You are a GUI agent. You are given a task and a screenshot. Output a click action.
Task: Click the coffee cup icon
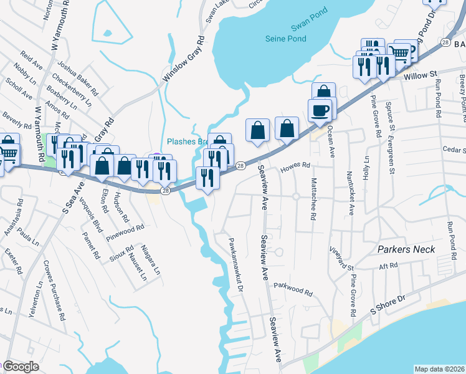321,111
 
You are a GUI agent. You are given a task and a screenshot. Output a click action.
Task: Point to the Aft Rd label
389,266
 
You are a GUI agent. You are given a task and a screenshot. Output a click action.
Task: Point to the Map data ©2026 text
439,368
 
